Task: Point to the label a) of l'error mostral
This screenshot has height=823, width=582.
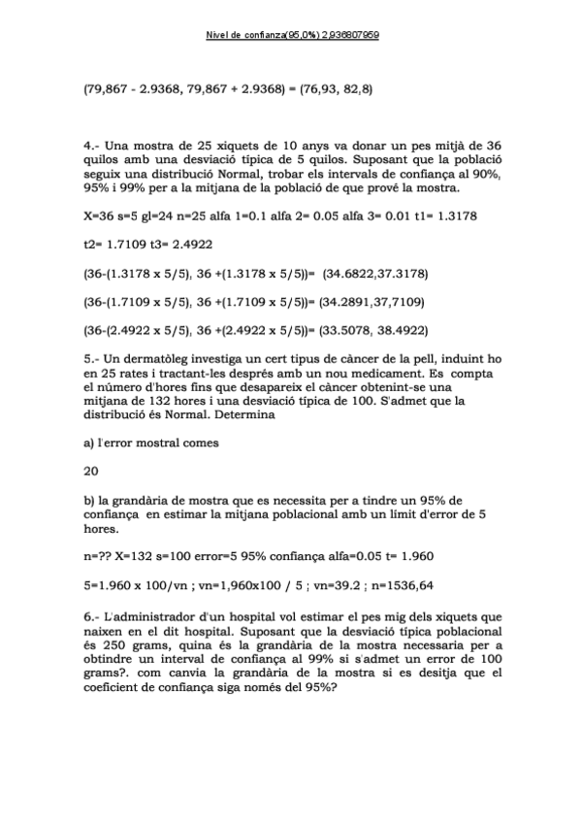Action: coord(89,443)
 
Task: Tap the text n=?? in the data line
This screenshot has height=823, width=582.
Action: coord(97,558)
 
